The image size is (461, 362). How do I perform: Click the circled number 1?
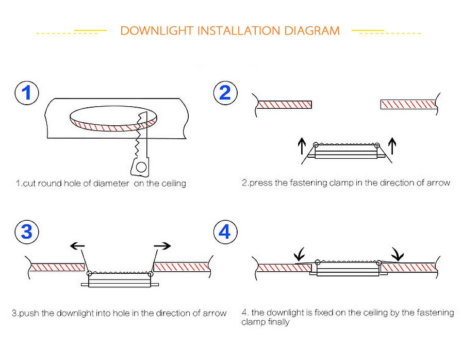[26, 93]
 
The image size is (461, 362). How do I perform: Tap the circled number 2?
[225, 93]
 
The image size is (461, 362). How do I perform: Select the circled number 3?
[26, 232]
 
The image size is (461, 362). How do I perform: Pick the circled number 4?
[225, 232]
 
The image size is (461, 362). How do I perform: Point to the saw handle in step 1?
[139, 166]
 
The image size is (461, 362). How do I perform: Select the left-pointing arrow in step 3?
[77, 246]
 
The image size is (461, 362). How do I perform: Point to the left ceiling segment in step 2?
[285, 105]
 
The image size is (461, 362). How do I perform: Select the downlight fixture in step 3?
[120, 279]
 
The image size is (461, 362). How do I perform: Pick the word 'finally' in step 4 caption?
[278, 322]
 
